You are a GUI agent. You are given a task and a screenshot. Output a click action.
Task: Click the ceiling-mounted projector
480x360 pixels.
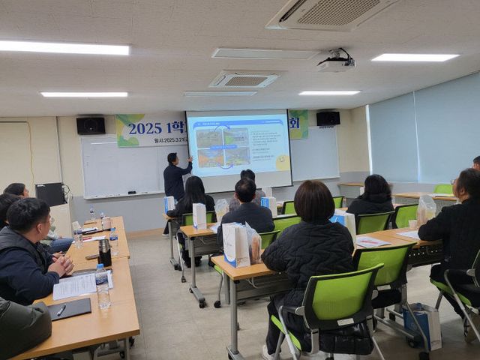[335, 64]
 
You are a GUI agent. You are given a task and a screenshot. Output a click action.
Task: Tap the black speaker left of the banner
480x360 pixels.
[91, 125]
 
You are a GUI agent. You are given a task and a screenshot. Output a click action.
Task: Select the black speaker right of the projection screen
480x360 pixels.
[328, 118]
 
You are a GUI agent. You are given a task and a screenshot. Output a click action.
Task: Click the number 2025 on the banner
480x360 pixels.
[145, 128]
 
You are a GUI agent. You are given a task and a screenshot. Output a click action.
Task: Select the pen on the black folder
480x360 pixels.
[61, 310]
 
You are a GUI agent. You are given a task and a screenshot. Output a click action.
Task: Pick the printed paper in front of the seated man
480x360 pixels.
[75, 286]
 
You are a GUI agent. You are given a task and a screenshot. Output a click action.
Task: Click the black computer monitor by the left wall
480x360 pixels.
[50, 194]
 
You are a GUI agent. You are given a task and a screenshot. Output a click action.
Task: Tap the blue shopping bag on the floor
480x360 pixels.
[422, 324]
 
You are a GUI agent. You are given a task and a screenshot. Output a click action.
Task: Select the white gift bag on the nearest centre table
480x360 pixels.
[236, 245]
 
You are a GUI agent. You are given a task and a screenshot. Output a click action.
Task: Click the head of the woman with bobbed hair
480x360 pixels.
[314, 202]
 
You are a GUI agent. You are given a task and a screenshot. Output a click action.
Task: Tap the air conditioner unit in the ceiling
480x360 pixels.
[330, 12]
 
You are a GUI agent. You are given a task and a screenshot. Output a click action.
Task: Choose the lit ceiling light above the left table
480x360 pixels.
[65, 48]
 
